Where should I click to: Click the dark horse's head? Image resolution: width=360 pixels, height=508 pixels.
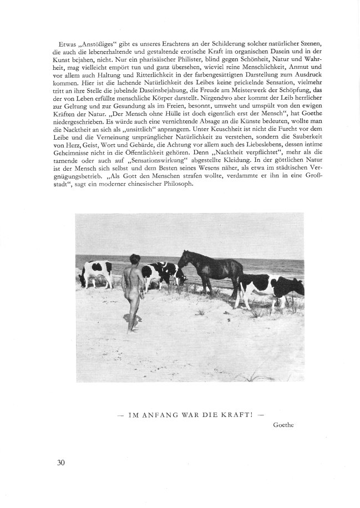pos(185,258)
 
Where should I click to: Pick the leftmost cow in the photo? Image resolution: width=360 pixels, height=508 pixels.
pos(95,273)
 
